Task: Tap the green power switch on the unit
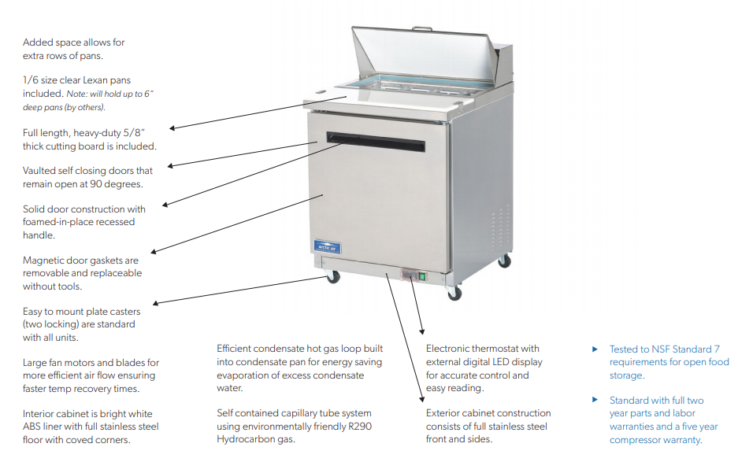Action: pyautogui.click(x=422, y=276)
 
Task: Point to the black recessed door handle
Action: pyautogui.click(x=376, y=142)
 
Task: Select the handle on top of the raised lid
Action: pyautogui.click(x=422, y=29)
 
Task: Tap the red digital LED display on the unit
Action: pyautogui.click(x=408, y=275)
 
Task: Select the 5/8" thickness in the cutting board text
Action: pyautogui.click(x=142, y=132)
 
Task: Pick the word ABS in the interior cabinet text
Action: pyautogui.click(x=33, y=427)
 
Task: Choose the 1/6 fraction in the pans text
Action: pyautogui.click(x=32, y=80)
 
